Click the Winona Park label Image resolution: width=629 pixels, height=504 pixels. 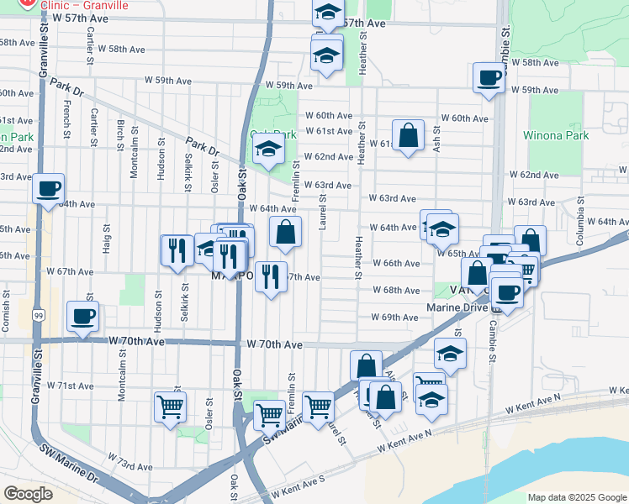(x=555, y=135)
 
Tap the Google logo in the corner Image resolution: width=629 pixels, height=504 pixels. (x=28, y=494)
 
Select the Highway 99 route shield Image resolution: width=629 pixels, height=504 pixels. (x=39, y=315)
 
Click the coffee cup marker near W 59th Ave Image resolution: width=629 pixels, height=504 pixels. (x=489, y=79)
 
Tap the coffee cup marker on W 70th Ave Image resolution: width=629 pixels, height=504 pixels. (x=83, y=317)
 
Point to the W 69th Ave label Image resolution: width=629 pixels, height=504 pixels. (x=394, y=318)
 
